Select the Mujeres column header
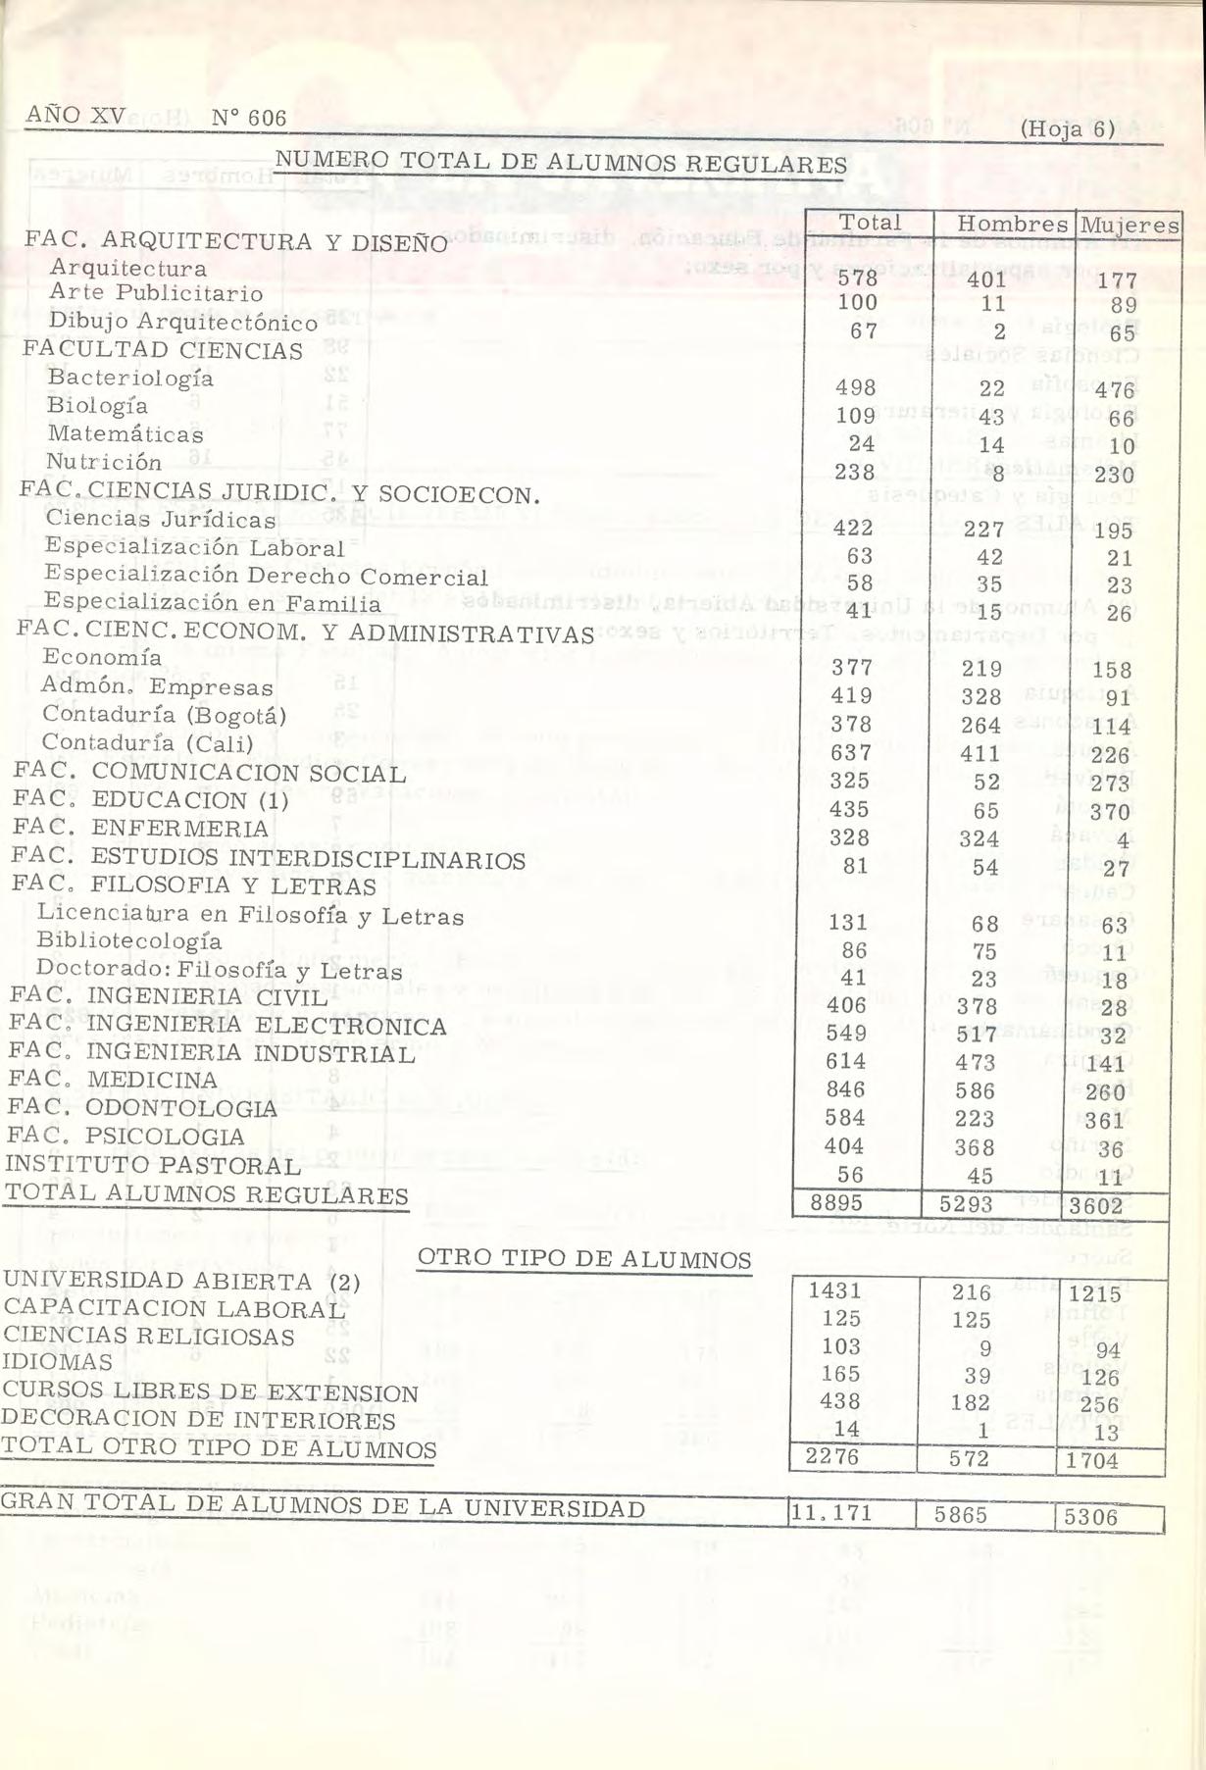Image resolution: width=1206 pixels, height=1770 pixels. tap(1127, 226)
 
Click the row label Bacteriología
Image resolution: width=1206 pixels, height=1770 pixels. tap(130, 378)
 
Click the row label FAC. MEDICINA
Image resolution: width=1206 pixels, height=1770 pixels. tap(113, 1080)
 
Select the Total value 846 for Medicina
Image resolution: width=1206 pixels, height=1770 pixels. tap(847, 1089)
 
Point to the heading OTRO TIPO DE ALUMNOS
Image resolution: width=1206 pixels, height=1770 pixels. tap(584, 1259)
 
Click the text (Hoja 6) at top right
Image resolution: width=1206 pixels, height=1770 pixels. tap(1067, 128)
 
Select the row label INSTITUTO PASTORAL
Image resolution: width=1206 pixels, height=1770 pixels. tap(153, 1165)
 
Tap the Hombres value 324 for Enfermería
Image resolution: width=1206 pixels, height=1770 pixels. tap(979, 839)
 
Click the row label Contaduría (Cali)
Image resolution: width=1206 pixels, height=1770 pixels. tap(147, 743)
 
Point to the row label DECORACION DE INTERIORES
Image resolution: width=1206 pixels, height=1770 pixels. tap(197, 1420)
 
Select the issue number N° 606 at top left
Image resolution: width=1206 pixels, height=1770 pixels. tap(248, 118)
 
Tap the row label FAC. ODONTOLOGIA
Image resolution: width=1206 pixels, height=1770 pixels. tap(142, 1108)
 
